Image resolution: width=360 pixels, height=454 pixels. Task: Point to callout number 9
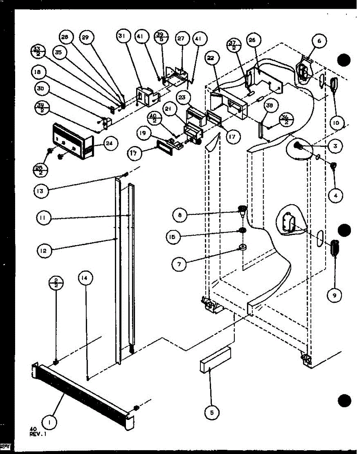(333, 295)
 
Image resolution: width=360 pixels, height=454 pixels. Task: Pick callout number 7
(179, 263)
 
